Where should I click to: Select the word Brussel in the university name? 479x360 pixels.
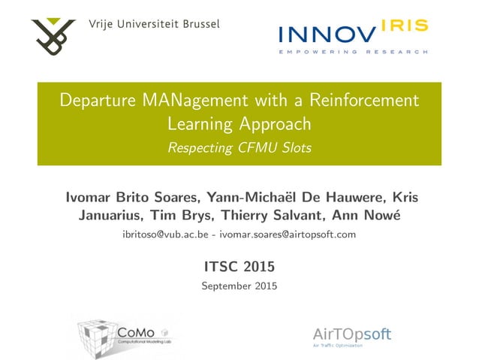click(x=197, y=24)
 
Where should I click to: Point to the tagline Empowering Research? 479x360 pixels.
click(x=353, y=52)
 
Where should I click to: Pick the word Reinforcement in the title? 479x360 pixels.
click(x=361, y=100)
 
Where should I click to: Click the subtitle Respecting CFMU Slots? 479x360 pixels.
click(x=239, y=147)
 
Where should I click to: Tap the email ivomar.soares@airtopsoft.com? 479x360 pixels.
click(x=294, y=235)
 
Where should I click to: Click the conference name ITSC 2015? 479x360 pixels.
click(x=239, y=266)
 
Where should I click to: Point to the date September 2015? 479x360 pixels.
click(x=239, y=286)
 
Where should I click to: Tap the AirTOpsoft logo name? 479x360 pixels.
click(x=351, y=334)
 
